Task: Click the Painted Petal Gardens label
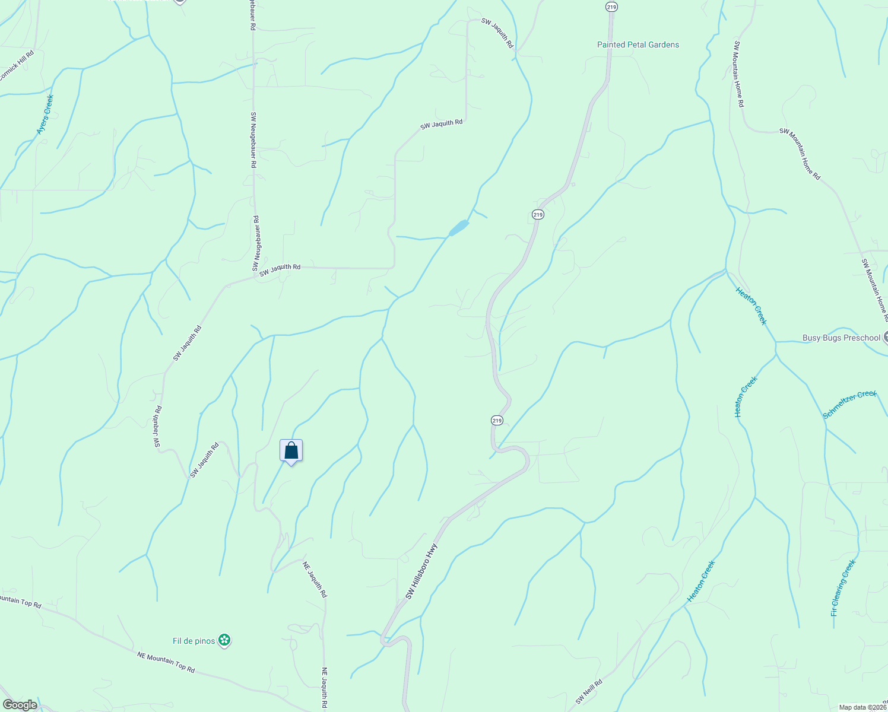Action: [638, 44]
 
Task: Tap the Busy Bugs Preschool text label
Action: [841, 338]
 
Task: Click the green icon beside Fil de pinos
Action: [224, 640]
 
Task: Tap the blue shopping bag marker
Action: [291, 451]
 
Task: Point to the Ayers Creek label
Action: [45, 114]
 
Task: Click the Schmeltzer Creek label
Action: [849, 405]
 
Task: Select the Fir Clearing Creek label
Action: [843, 587]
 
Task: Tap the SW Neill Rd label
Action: [589, 692]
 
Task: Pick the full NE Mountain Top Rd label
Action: [166, 662]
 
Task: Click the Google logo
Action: [20, 705]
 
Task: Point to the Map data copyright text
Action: [862, 707]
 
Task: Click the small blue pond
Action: [459, 227]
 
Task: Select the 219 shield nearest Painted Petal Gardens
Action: [612, 7]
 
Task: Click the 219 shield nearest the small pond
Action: [537, 214]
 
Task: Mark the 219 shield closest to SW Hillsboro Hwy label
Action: [497, 420]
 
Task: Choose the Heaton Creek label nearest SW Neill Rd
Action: [701, 581]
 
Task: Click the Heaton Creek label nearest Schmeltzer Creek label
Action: [746, 397]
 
